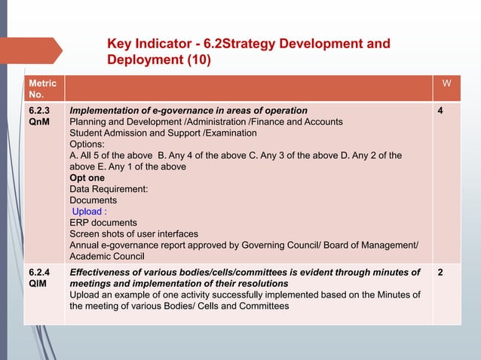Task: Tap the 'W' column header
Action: click(446, 82)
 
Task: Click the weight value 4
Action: click(440, 110)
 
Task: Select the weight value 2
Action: click(440, 272)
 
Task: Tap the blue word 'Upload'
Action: click(89, 212)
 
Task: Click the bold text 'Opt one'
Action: click(87, 178)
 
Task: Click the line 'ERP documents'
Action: click(103, 223)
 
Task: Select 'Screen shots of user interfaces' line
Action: click(133, 234)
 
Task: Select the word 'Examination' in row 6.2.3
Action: click(231, 133)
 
